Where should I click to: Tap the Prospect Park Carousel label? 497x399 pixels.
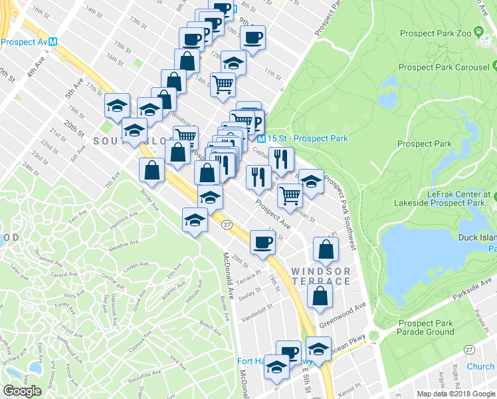443,67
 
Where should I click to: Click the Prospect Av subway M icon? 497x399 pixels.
53,41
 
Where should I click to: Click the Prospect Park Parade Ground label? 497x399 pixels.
426,328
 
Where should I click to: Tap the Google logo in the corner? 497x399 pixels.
23,391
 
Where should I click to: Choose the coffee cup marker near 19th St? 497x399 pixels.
263,241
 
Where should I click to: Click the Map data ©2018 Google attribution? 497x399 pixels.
456,394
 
